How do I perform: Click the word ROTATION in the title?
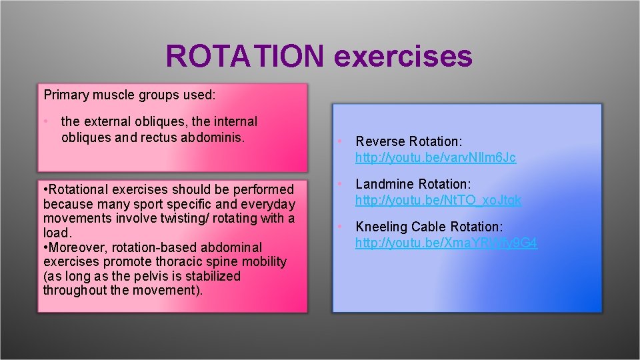[245, 57]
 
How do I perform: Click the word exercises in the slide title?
[403, 57]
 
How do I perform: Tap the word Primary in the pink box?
[65, 95]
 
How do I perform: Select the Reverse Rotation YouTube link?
[435, 158]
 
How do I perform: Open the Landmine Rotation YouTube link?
[438, 200]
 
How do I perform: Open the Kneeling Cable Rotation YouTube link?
[446, 243]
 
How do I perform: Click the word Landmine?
[383, 184]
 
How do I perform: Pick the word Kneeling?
[381, 227]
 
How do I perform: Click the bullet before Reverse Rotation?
[339, 141]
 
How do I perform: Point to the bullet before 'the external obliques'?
[46, 122]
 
